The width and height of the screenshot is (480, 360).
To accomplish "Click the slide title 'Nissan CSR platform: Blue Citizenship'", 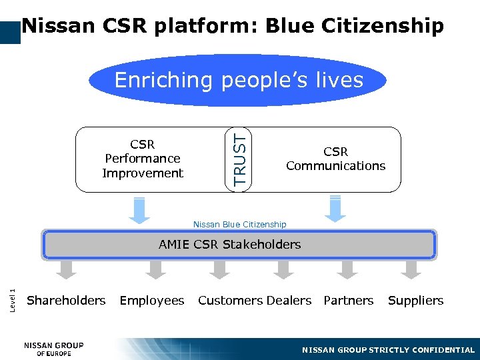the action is point(232,26).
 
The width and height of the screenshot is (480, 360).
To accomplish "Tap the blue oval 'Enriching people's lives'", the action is point(239,81).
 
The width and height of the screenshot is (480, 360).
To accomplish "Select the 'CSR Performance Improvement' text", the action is point(143,159).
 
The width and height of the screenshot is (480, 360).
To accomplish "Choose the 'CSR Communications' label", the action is point(335,159).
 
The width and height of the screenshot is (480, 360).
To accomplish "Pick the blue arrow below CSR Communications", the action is point(335,209).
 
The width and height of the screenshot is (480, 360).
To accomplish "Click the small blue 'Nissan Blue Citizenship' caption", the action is point(239,225).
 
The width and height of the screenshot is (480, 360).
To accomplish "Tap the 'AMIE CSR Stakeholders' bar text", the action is point(230,245).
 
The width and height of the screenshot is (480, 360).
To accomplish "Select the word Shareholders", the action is point(66,301).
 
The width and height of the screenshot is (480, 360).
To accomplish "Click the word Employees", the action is point(152,301).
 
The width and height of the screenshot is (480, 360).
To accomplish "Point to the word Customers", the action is point(226,301).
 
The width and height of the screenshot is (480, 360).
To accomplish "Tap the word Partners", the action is point(349,301).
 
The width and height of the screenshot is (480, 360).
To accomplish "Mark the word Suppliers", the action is point(415,301).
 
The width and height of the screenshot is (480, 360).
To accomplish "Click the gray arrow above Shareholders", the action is point(66,269).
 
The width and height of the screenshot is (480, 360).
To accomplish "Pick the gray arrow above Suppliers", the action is point(411,269).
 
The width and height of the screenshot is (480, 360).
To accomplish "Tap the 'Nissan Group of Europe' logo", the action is point(54,349).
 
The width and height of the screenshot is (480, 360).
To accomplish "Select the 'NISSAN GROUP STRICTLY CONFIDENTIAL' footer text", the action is point(388,350).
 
